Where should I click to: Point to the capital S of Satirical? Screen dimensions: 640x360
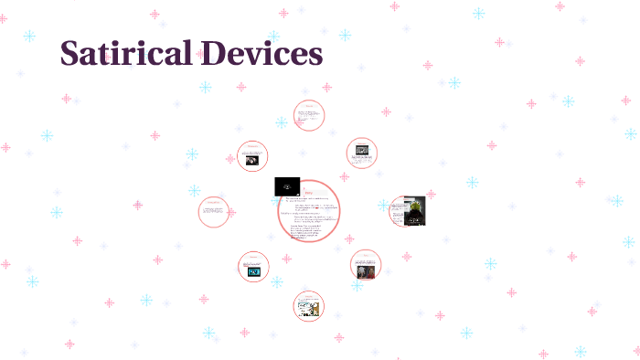pos(70,53)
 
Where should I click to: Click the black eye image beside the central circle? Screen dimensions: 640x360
pos(287,185)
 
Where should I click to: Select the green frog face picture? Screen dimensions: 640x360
pos(414,211)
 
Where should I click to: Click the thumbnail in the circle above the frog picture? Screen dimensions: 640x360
pos(363,151)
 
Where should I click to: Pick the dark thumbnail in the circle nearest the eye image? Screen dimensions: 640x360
pos(251,159)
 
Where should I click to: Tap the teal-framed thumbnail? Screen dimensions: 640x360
pos(253,271)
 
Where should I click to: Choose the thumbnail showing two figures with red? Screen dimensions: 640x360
pos(366,271)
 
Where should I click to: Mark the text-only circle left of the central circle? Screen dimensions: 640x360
pos(214,212)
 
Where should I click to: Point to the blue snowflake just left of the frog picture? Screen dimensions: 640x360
pos(385,206)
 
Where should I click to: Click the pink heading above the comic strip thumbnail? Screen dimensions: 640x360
pos(309,295)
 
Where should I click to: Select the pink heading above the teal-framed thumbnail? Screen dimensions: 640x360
pos(253,256)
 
